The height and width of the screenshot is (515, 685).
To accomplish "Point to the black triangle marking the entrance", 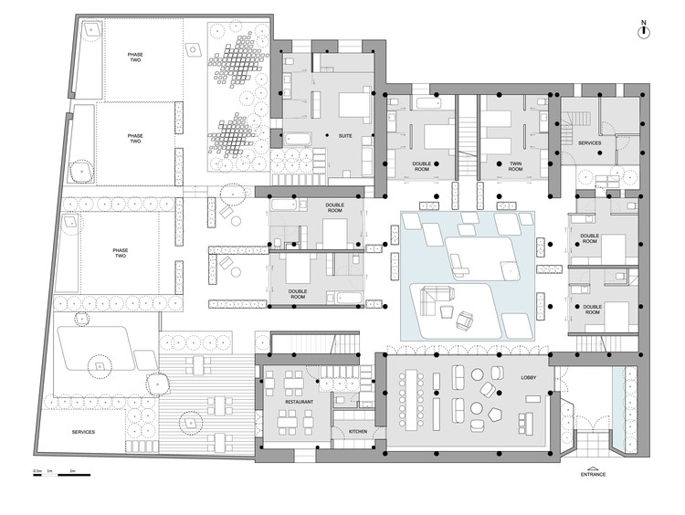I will click(x=594, y=466).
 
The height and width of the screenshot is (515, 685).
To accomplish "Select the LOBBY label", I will click(x=528, y=375).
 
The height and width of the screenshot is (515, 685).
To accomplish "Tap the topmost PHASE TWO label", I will click(x=135, y=57).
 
